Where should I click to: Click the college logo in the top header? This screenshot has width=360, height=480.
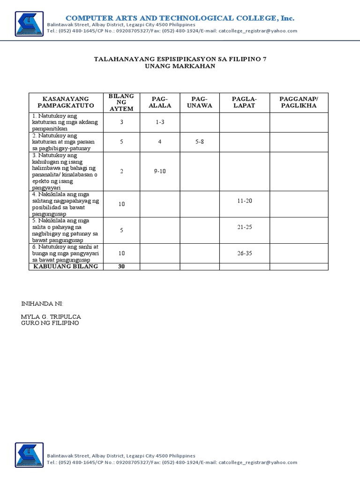pyautogui.click(x=29, y=24)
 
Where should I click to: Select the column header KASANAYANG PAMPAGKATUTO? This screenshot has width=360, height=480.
pyautogui.click(x=66, y=102)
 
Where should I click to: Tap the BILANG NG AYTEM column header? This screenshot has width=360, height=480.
pyautogui.click(x=121, y=102)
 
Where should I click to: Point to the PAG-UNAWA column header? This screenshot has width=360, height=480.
pyautogui.click(x=199, y=102)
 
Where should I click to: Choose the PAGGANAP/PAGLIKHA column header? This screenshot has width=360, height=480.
pyautogui.click(x=298, y=102)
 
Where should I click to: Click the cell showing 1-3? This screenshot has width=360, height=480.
pyautogui.click(x=160, y=122)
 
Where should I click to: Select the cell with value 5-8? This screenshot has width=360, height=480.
pyautogui.click(x=199, y=142)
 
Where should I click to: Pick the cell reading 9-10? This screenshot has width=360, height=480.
pyautogui.click(x=160, y=171)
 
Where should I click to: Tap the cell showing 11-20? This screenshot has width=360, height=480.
pyautogui.click(x=245, y=201)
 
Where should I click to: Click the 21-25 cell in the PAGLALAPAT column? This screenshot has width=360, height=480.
pyautogui.click(x=245, y=227)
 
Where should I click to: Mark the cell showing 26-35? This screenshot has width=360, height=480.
pyautogui.click(x=245, y=253)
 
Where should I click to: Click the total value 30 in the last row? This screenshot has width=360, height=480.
pyautogui.click(x=121, y=266)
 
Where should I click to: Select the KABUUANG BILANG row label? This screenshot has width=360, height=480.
pyautogui.click(x=66, y=266)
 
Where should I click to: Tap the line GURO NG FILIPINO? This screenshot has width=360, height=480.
pyautogui.click(x=50, y=323)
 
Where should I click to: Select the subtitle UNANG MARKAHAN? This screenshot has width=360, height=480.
pyautogui.click(x=180, y=66)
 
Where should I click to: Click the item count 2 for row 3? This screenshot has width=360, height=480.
pyautogui.click(x=121, y=171)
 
